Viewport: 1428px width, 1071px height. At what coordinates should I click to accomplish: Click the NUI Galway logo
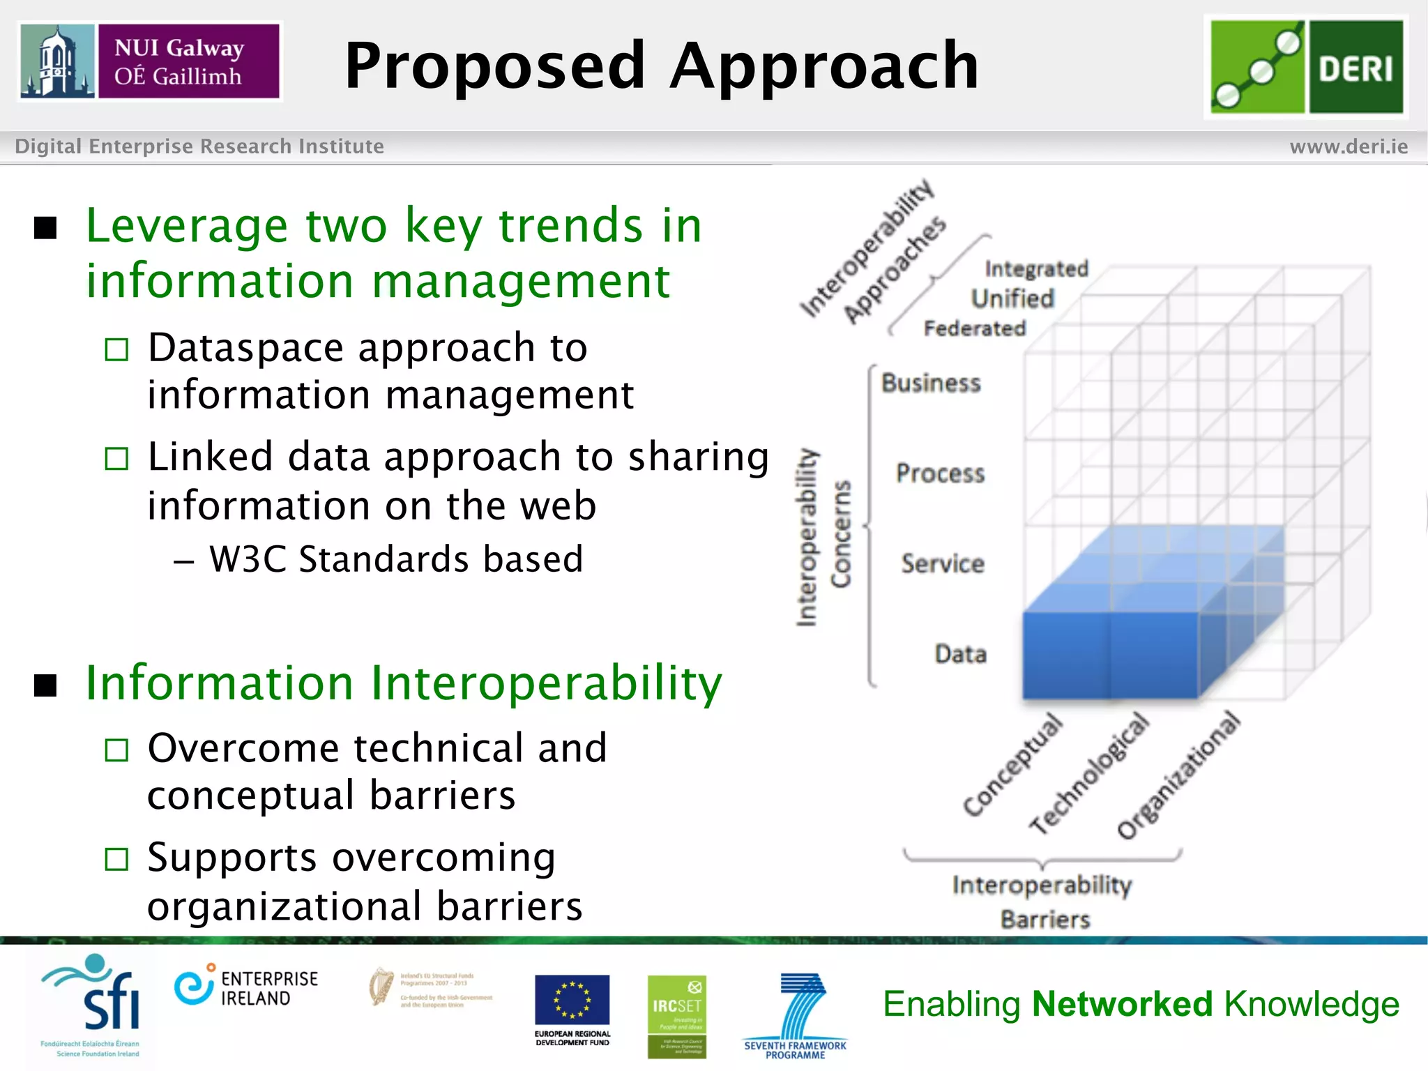pyautogui.click(x=150, y=61)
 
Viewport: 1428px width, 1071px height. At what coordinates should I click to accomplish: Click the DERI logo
pyautogui.click(x=1306, y=67)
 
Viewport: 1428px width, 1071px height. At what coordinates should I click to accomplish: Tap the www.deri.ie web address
pyautogui.click(x=1348, y=146)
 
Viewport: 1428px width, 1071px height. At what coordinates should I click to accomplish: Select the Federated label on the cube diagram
pyautogui.click(x=975, y=328)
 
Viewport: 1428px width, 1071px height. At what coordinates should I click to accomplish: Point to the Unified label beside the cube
pyautogui.click(x=1012, y=298)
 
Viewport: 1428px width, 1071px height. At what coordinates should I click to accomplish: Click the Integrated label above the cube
pyautogui.click(x=1036, y=268)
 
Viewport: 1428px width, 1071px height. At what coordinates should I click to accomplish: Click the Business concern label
pyautogui.click(x=931, y=383)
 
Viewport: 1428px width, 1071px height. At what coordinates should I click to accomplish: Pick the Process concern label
pyautogui.click(x=940, y=473)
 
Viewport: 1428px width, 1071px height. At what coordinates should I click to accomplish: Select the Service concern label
pyautogui.click(x=942, y=563)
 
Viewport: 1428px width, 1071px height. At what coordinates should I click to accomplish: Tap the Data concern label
pyautogui.click(x=960, y=654)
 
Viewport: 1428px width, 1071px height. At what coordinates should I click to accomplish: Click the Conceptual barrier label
pyautogui.click(x=1012, y=764)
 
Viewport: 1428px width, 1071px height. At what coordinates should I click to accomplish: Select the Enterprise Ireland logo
pyautogui.click(x=245, y=987)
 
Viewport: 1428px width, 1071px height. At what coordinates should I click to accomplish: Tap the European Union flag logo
pyautogui.click(x=572, y=1000)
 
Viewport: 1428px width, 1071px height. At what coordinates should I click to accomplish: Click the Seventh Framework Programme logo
pyautogui.click(x=796, y=1015)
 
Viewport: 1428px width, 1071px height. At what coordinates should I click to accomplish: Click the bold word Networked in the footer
pyautogui.click(x=1123, y=1004)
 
